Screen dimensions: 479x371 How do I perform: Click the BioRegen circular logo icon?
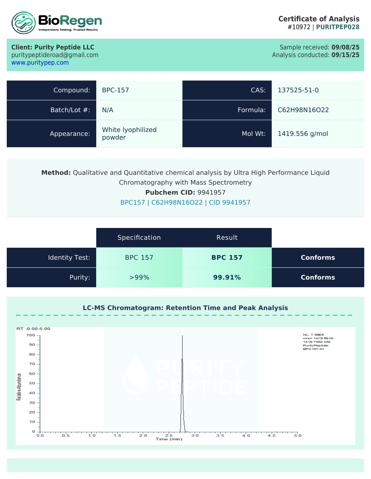coord(24,23)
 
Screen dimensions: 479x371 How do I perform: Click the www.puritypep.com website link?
coord(40,63)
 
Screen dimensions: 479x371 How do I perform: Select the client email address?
coord(55,55)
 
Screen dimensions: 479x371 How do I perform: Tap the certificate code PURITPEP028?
coord(338,27)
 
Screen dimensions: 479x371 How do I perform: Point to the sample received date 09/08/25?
coord(345,47)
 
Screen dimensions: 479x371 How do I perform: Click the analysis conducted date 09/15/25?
coord(345,55)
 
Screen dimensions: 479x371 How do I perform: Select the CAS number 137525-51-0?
coord(298,90)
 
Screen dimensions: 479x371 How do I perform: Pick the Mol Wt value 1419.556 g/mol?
coord(303,134)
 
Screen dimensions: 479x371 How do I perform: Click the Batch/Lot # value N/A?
coord(108,110)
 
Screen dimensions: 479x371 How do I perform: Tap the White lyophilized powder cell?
coord(129,134)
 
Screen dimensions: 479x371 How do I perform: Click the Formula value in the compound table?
coord(303,110)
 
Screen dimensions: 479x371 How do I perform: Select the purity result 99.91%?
coord(227,278)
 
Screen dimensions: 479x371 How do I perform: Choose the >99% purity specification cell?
coord(139,278)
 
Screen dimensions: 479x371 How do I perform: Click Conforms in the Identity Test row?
coord(318,258)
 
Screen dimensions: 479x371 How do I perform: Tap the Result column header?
coord(227,238)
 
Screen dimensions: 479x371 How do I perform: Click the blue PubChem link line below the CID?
coord(185,203)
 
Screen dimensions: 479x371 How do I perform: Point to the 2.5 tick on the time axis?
coord(169,435)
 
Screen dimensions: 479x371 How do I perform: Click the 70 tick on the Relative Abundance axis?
coord(32,364)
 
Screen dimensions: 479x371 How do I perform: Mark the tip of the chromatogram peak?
coord(182,336)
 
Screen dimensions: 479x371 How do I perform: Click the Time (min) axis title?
coord(169,439)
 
